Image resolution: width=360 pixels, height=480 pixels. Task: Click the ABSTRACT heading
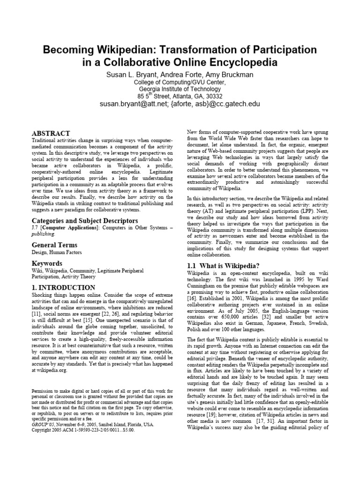(51, 134)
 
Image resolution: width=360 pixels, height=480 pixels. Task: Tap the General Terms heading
(54, 245)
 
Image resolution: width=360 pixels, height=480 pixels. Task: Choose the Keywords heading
(47, 263)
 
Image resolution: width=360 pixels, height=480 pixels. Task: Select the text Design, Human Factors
(56, 253)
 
